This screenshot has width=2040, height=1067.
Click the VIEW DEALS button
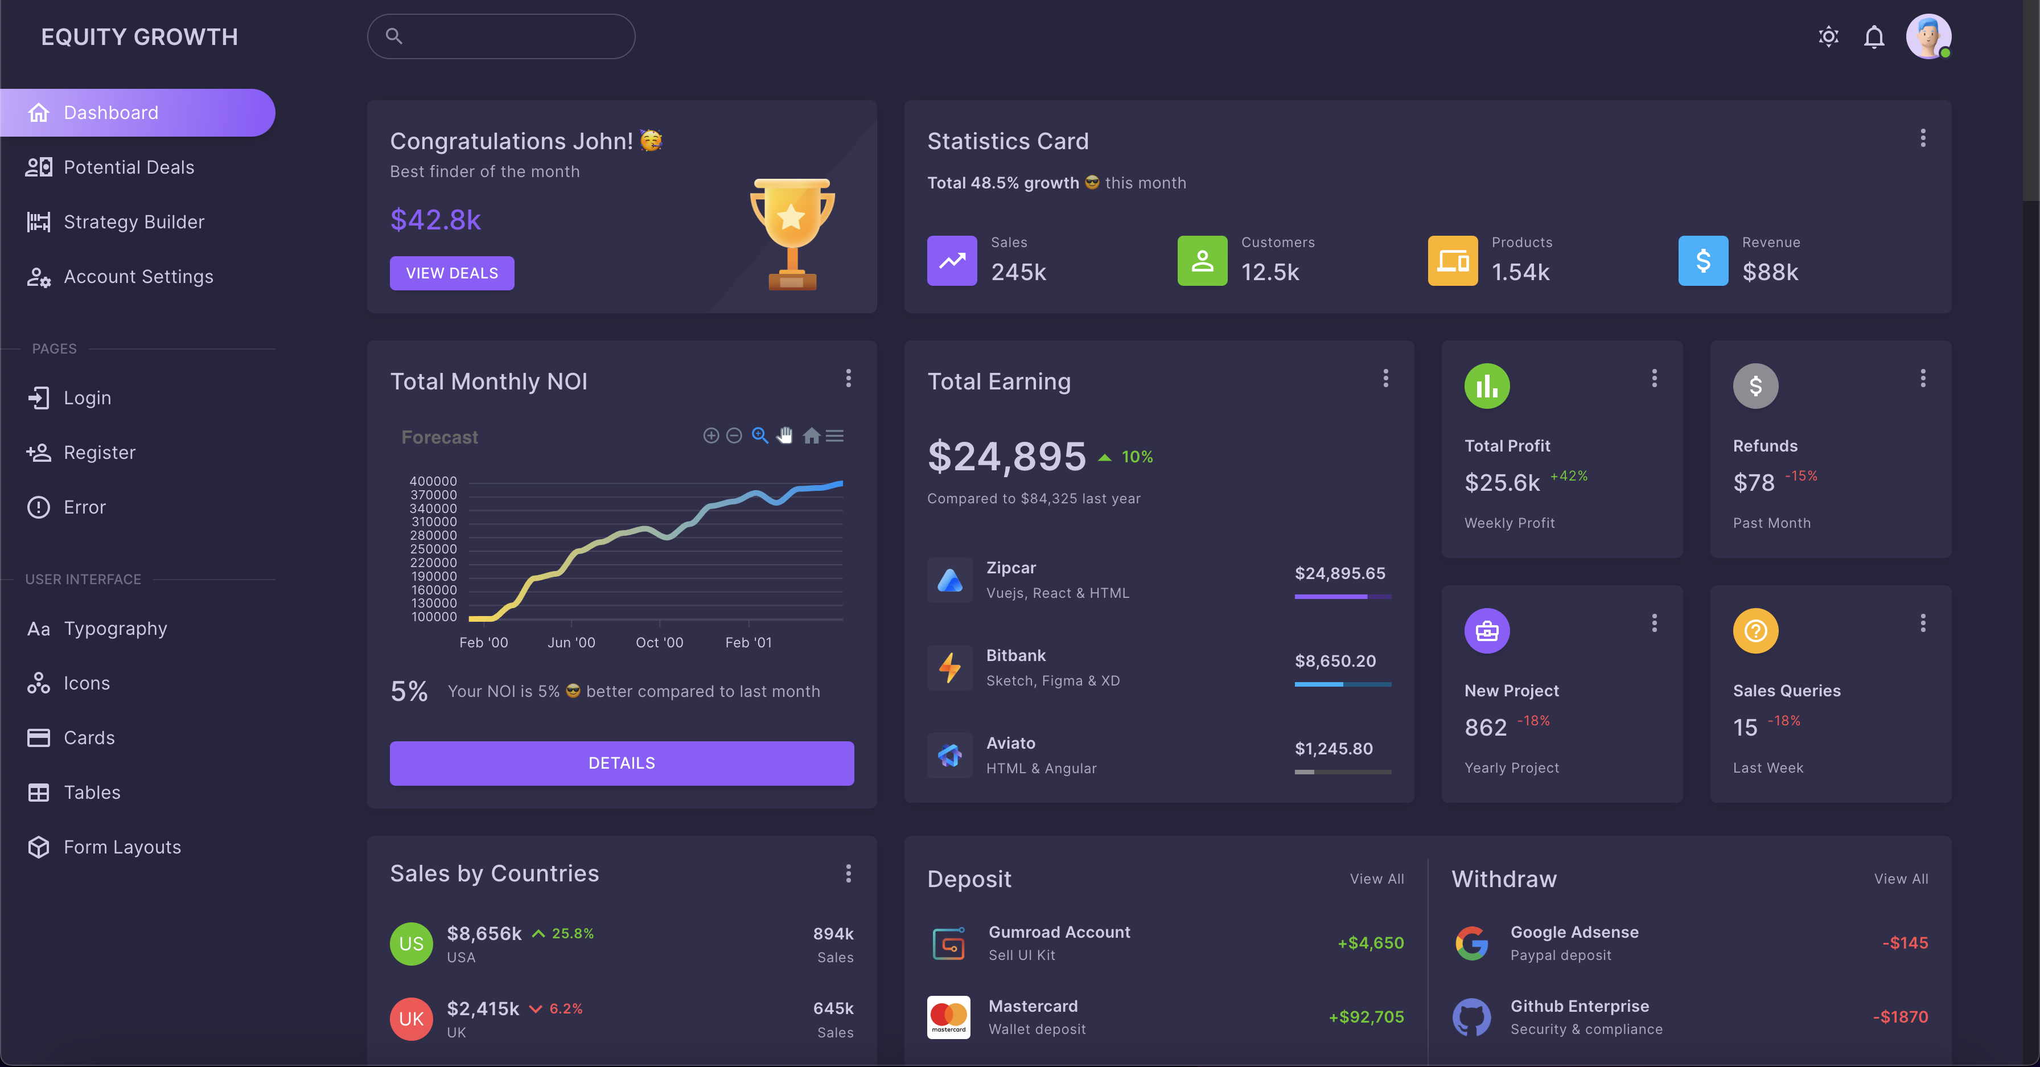point(451,273)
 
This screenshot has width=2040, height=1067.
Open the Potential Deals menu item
point(128,167)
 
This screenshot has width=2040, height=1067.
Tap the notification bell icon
point(1874,37)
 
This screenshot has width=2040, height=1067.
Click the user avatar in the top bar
point(1927,36)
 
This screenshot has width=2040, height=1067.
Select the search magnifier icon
point(393,36)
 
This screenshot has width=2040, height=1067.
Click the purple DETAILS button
point(621,763)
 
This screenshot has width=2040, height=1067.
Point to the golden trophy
point(792,233)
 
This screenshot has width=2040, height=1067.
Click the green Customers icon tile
point(1202,261)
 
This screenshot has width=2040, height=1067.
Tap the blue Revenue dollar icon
point(1702,261)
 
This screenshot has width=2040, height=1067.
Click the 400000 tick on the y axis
point(433,481)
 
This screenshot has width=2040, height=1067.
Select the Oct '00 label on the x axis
point(659,642)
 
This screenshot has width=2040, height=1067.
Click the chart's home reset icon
point(811,436)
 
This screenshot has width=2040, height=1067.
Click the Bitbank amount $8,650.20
point(1335,660)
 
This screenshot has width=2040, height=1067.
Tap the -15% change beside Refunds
point(1801,476)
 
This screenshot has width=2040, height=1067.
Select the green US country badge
point(411,943)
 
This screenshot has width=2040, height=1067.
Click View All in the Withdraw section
point(1901,879)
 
